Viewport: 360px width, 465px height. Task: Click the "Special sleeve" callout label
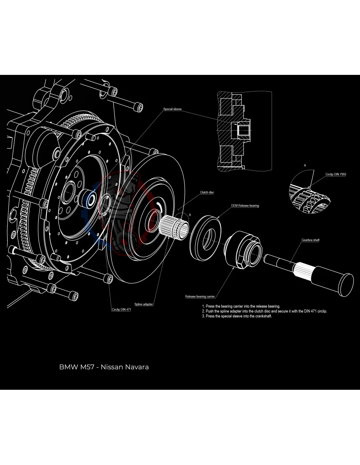[x=172, y=109]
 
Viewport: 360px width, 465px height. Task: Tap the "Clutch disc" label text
[x=207, y=192]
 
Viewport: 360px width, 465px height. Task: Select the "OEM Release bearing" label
[x=245, y=206]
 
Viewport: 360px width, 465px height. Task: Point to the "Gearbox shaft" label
[x=310, y=240]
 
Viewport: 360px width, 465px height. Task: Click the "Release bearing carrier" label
[x=200, y=297]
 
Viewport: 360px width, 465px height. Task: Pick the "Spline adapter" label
[x=143, y=304]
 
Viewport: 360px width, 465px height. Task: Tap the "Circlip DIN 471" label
[x=121, y=309]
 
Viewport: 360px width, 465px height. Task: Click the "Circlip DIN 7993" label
[x=335, y=174]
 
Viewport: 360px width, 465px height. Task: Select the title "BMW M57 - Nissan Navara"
[x=104, y=367]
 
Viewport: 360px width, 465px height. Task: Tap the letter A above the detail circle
[x=305, y=165]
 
